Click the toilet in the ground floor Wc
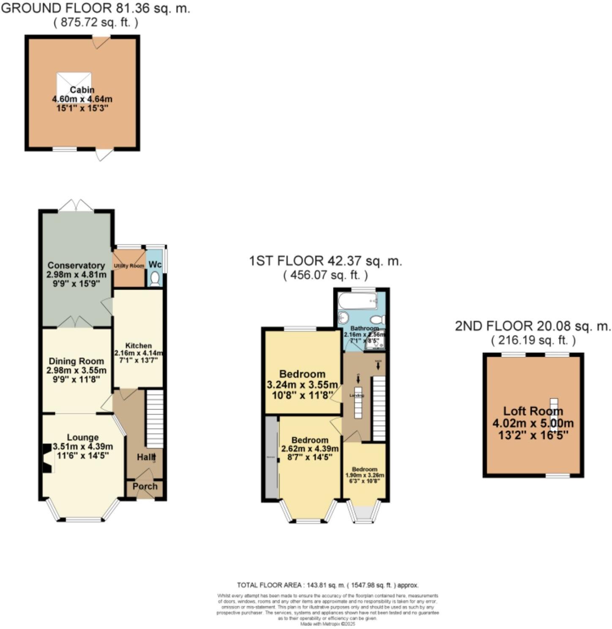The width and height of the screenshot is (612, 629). coord(155,279)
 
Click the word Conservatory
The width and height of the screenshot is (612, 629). coord(76,265)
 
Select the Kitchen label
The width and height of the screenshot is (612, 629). coord(139,346)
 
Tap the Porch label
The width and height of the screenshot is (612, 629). coord(145,486)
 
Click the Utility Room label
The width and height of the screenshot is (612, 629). coord(129,265)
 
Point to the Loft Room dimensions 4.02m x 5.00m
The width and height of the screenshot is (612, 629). coord(533,423)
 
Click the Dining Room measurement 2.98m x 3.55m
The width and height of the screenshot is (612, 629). coord(76,370)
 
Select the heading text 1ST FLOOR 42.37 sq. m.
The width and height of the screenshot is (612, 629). coord(325,261)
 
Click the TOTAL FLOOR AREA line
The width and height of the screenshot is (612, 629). coord(328,585)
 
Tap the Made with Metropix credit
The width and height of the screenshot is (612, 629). coord(328,624)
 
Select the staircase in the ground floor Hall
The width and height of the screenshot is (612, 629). coord(155,418)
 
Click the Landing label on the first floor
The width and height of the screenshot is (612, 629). coord(356,395)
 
